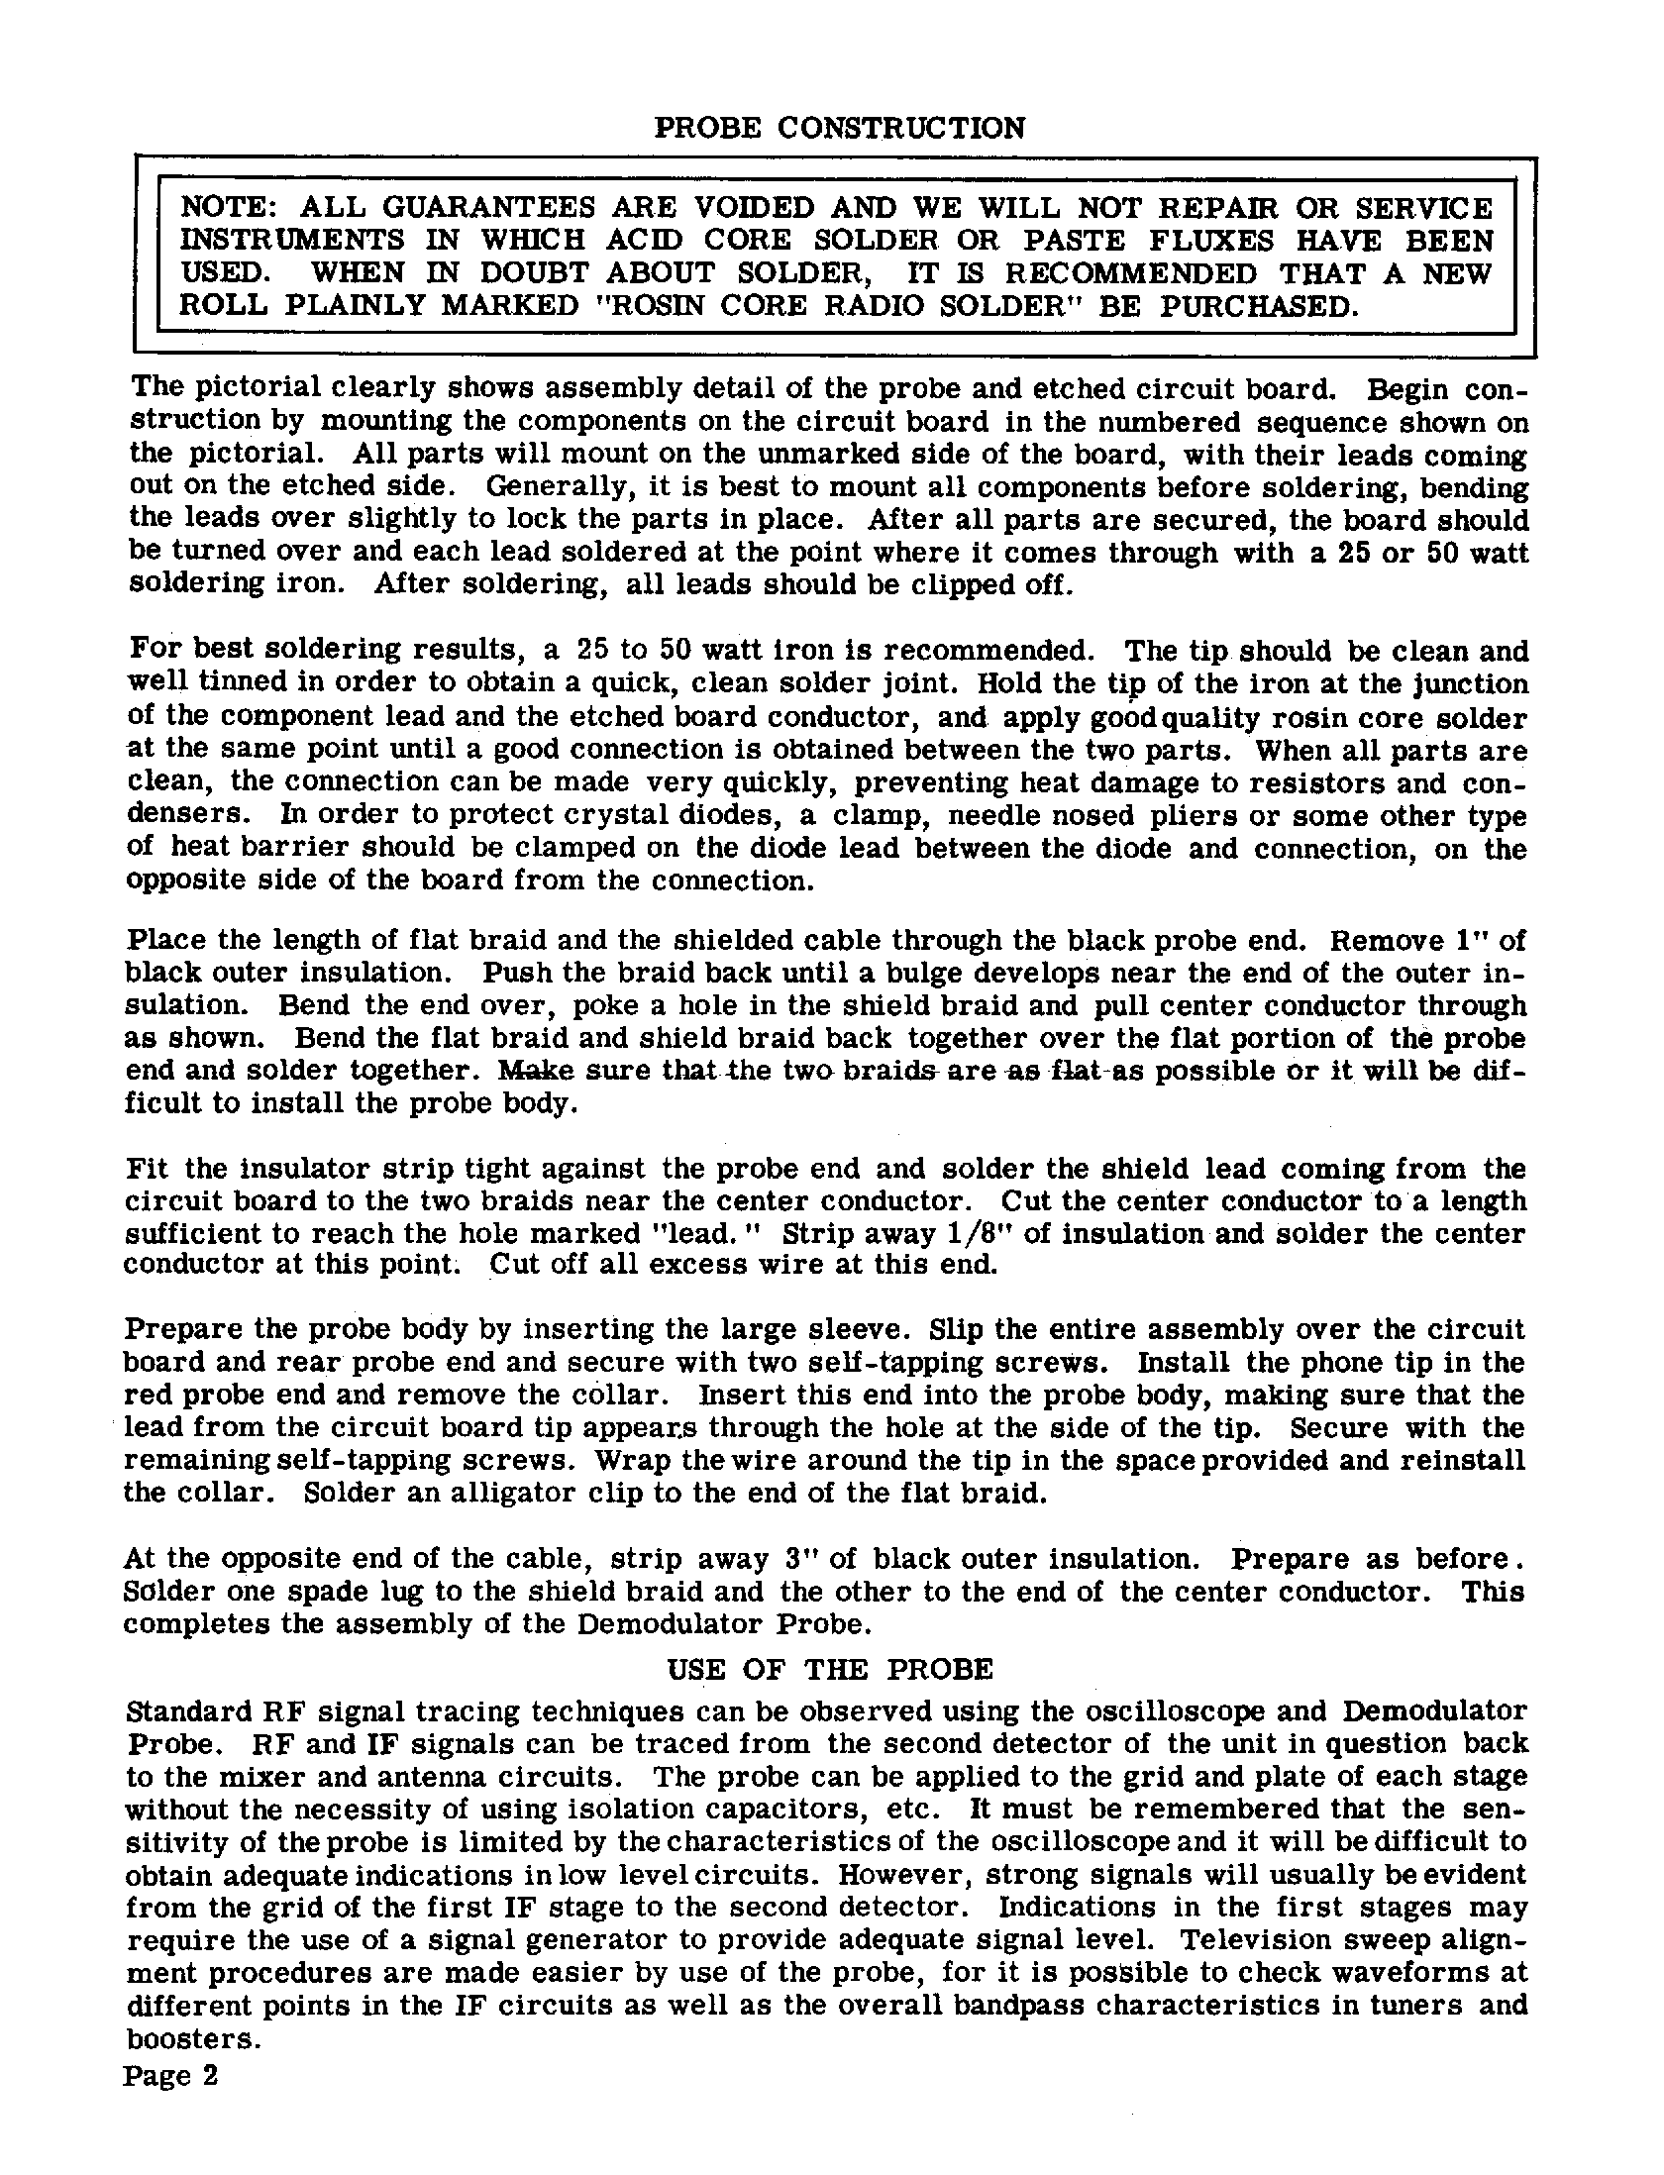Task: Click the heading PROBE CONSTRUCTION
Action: [x=840, y=129]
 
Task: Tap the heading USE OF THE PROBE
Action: [x=830, y=1670]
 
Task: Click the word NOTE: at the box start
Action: [x=230, y=208]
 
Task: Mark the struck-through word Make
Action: [x=536, y=1071]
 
